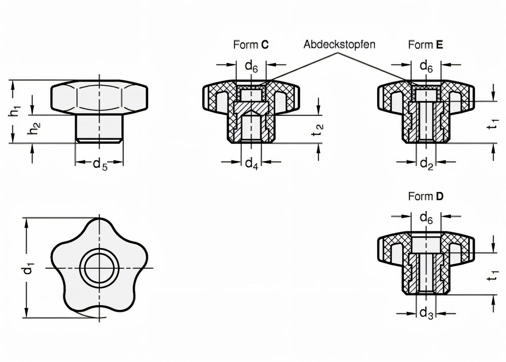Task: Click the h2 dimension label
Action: pos(35,128)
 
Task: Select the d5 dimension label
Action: pos(100,164)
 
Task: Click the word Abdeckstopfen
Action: pos(339,45)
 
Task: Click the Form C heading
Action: pos(250,45)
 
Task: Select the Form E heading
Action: pos(425,45)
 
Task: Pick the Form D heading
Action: pos(426,197)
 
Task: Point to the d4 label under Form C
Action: pos(251,164)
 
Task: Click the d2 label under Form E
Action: pos(426,164)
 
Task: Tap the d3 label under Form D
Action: pos(426,314)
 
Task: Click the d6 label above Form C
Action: pos(251,66)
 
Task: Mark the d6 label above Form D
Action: pos(426,218)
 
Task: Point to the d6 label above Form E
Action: pos(426,66)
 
